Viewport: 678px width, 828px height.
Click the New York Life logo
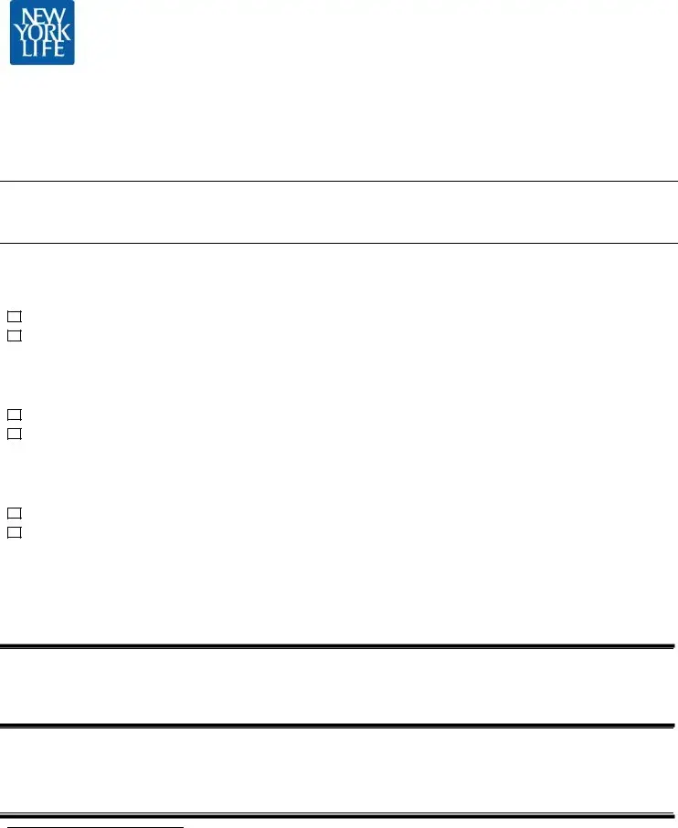pos(42,33)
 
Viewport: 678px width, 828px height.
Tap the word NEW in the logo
pos(42,16)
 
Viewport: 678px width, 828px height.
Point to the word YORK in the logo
pos(42,32)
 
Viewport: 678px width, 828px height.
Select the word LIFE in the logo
pos(42,49)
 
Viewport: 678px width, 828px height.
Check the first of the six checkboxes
pos(14,316)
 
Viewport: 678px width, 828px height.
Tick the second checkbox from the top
pos(14,335)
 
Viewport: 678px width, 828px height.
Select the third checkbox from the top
pos(14,414)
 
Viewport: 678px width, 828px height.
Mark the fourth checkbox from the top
pos(14,434)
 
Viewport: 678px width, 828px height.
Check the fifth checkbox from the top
pos(14,513)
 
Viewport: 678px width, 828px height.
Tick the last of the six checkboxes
pos(14,532)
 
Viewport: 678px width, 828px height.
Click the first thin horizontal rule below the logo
pos(339,182)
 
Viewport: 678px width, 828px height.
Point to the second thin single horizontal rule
pos(339,243)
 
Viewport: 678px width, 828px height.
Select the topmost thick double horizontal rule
pos(339,647)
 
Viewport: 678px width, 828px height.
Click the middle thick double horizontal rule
pos(339,726)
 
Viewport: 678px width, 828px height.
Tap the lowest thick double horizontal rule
pos(339,814)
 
